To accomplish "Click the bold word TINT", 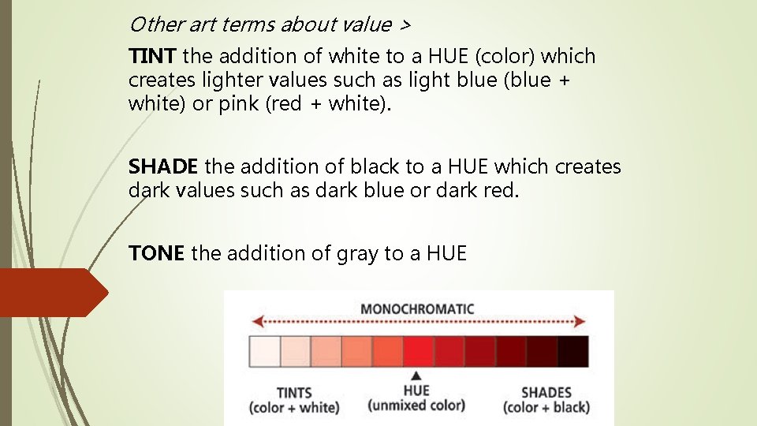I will tap(153, 57).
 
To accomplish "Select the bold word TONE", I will tap(156, 253).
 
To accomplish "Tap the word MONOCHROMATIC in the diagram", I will tap(417, 308).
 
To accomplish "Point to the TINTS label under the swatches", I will tap(294, 392).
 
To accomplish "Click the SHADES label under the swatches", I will tap(546, 392).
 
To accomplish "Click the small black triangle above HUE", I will tap(416, 376).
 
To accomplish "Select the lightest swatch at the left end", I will tap(265, 351).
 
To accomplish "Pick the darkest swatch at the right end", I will tap(573, 351).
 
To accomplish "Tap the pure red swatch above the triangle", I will tap(418, 351).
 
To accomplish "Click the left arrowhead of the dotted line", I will tap(255, 322).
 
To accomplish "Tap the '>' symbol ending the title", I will tap(405, 25).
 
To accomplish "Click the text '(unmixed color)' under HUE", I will tap(416, 405).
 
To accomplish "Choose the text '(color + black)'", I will tap(546, 408).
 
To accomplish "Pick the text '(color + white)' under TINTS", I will tap(294, 408).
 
